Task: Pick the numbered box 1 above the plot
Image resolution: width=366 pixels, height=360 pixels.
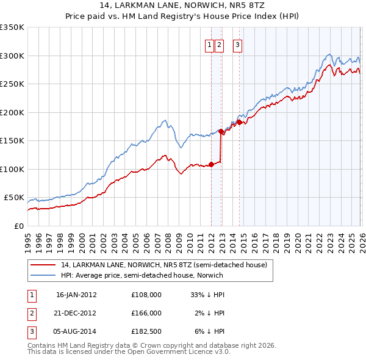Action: pos(209,44)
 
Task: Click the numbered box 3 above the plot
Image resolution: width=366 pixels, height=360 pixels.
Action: pos(237,44)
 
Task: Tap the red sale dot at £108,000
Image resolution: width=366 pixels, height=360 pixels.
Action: pos(211,164)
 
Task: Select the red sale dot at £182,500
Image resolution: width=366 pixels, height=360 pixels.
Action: pos(239,122)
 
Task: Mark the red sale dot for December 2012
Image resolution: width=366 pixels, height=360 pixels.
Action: pos(221,131)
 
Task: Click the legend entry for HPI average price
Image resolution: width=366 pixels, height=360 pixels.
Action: pos(142,275)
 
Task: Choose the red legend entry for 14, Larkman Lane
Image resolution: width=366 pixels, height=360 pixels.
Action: pos(163,265)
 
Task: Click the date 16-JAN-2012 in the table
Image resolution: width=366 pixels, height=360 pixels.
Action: pos(76,294)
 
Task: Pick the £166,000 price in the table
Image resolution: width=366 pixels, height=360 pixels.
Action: pos(146,312)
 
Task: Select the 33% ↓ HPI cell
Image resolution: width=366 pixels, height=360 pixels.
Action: pos(207,294)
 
